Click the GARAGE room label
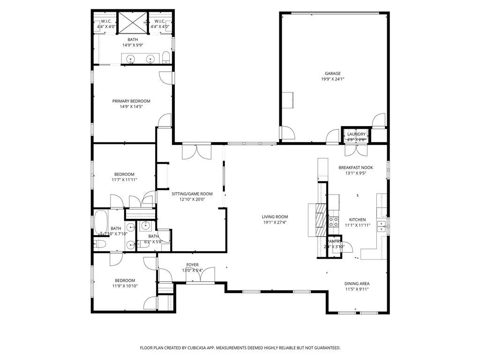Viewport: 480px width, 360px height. [333, 73]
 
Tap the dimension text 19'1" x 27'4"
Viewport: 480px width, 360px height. [275, 223]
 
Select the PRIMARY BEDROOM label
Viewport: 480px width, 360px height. [131, 101]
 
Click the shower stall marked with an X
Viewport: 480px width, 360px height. [132, 22]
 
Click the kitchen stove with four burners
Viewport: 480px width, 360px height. [334, 222]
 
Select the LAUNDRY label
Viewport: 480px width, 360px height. [356, 134]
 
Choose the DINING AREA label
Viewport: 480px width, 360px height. [357, 284]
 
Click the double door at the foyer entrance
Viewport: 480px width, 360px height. [200, 277]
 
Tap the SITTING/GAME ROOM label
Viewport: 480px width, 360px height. [192, 194]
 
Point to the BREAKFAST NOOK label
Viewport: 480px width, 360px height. [356, 167]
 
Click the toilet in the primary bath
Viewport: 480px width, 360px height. [165, 58]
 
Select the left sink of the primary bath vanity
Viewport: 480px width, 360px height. [131, 59]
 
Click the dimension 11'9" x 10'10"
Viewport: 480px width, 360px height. [124, 286]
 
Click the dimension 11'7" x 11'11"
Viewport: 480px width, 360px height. [124, 180]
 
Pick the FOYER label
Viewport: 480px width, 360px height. [193, 265]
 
